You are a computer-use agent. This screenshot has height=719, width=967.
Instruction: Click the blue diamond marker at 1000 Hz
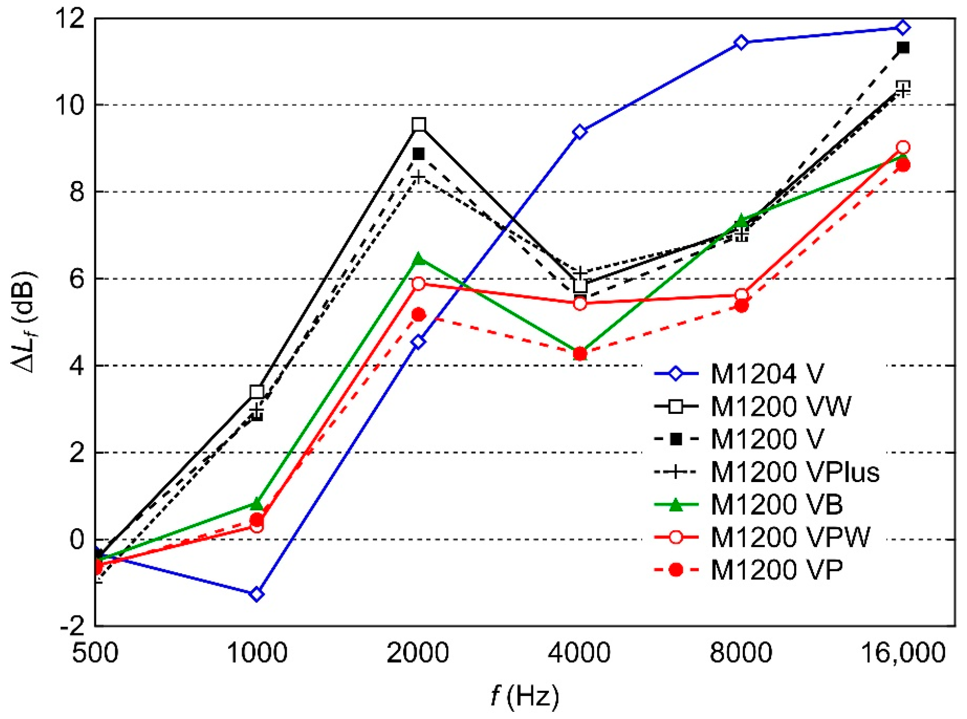(257, 594)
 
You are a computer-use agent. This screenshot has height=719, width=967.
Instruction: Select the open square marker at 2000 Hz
(419, 125)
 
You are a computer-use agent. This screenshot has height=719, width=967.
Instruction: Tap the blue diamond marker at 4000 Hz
(580, 132)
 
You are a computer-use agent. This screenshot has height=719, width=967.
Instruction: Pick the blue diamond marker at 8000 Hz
(741, 42)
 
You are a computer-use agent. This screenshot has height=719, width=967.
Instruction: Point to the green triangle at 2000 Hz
(419, 258)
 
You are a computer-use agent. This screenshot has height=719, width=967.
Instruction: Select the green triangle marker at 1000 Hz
(257, 504)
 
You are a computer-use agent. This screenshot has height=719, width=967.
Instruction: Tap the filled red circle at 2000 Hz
(419, 314)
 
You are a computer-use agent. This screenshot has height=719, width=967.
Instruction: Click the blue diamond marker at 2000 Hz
(419, 342)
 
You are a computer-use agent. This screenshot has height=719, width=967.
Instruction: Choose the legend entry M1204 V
(767, 374)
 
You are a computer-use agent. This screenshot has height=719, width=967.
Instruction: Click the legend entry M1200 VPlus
(795, 472)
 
